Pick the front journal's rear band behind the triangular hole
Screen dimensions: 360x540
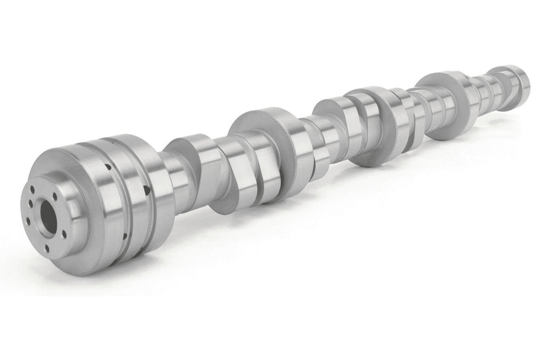(158, 200)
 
